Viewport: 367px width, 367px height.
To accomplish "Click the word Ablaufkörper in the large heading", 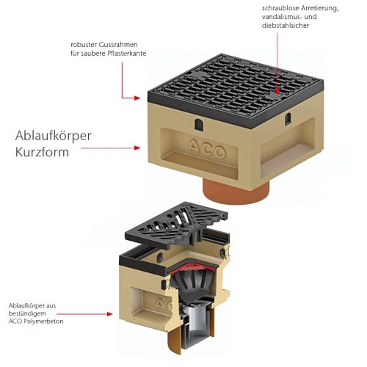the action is point(53,136).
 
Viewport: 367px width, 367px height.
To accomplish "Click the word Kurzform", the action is point(42,152).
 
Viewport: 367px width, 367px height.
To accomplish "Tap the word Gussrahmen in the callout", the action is point(118,45).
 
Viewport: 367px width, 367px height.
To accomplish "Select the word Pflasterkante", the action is point(127,54).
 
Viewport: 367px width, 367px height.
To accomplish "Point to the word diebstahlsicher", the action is point(286,26).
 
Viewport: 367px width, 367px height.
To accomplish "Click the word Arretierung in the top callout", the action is point(320,8).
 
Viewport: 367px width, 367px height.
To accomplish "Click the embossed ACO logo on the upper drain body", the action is point(207,148).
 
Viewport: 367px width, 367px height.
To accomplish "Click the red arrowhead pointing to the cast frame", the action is point(137,98).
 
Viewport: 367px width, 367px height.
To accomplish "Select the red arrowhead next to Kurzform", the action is point(137,148).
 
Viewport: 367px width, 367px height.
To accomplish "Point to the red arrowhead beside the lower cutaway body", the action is point(109,314).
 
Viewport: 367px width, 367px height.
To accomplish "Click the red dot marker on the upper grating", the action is point(277,91).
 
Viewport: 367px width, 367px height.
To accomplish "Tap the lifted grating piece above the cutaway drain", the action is point(176,225).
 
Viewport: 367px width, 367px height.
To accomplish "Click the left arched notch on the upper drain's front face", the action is point(198,124).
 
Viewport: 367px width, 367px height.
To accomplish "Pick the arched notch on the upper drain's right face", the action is point(288,119).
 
